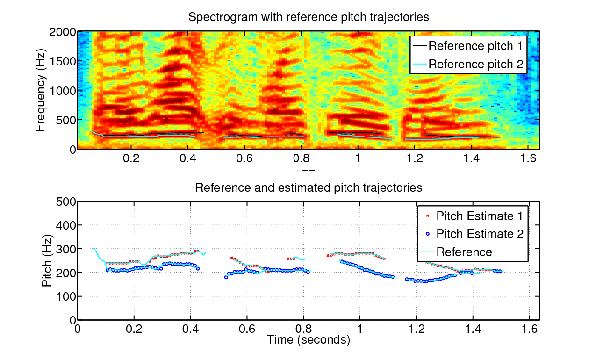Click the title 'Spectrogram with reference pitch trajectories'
(x=309, y=18)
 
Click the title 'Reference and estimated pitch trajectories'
(x=309, y=188)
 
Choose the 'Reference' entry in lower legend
(x=464, y=252)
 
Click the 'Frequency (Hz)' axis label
(x=41, y=91)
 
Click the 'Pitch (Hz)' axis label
(x=47, y=260)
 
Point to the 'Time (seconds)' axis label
(x=309, y=340)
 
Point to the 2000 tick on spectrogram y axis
(x=62, y=32)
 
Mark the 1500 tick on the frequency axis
(x=62, y=61)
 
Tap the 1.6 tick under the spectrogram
(x=528, y=158)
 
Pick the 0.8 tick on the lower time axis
(x=303, y=329)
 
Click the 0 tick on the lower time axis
(x=78, y=329)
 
